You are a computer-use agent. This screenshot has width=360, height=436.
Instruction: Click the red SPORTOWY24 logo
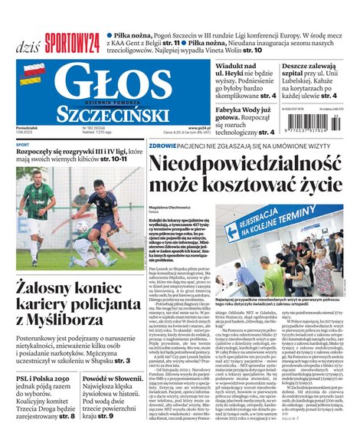click(x=72, y=44)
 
